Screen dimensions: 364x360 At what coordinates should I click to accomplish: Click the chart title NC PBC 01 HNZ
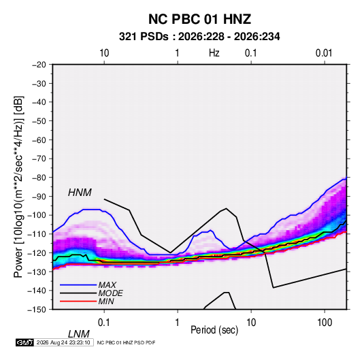[199, 19]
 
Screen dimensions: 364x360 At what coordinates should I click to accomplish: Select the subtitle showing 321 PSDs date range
[199, 37]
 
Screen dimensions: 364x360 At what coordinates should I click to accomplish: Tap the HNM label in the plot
[80, 193]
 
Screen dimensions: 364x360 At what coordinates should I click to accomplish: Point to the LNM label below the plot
[79, 334]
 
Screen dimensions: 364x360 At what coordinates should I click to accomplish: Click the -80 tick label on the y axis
[39, 178]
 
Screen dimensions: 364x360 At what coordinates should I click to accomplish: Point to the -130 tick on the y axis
[37, 272]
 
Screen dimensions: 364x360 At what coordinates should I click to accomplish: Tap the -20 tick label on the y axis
[39, 65]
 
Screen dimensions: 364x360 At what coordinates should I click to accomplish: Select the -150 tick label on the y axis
[37, 310]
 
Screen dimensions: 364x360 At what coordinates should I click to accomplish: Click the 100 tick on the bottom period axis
[325, 323]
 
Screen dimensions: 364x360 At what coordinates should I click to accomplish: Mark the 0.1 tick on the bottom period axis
[103, 323]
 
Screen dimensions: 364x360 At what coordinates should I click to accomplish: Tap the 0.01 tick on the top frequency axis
[324, 53]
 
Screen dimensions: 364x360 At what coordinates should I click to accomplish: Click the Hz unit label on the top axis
[214, 53]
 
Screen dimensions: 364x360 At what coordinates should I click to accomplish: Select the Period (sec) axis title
[214, 330]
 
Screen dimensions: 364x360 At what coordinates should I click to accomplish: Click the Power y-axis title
[18, 186]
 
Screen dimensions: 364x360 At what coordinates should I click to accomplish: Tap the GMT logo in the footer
[24, 342]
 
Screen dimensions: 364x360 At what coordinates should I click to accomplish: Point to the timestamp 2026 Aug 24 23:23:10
[63, 342]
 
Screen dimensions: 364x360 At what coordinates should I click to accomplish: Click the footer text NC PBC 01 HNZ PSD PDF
[126, 342]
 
